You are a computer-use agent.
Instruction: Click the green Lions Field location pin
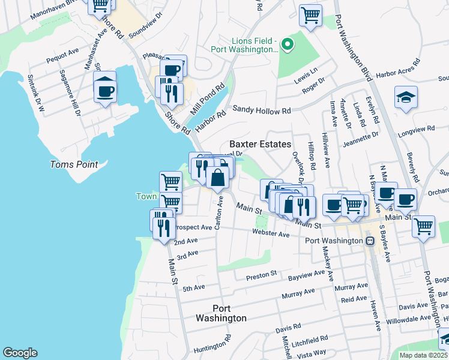pos(287,43)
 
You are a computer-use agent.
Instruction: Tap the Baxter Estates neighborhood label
pos(261,145)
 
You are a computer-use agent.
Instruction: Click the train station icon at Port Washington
pos(370,241)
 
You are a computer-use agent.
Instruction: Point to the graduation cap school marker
pos(406,98)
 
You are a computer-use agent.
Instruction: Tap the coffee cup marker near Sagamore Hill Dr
pos(106,91)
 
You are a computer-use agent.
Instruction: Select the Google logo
pos(20,352)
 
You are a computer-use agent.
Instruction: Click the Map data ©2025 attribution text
pos(424,355)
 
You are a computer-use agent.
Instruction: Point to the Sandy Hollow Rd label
pos(261,110)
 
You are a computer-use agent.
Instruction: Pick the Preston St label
pos(261,275)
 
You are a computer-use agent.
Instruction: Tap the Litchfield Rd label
pos(310,344)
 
